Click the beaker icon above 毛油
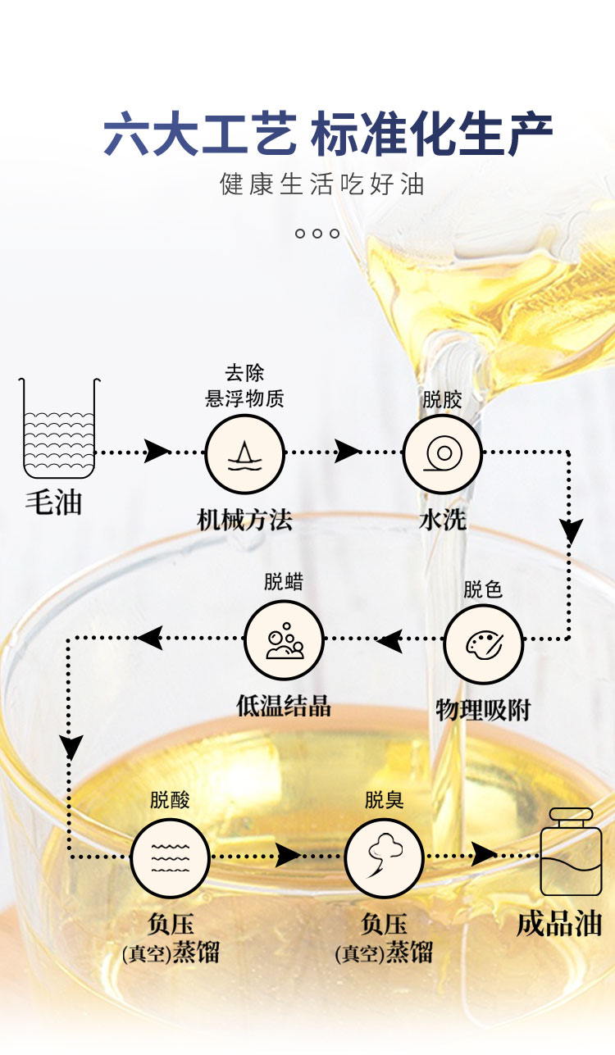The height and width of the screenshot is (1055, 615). click(59, 428)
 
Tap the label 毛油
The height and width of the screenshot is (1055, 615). click(54, 502)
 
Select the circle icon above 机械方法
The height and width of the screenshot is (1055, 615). click(244, 453)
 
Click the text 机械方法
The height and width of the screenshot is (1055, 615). click(244, 520)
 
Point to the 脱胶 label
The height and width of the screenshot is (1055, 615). click(443, 400)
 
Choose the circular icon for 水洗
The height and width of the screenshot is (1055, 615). click(443, 453)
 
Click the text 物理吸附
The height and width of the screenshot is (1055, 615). click(483, 710)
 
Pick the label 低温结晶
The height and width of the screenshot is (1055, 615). click(284, 706)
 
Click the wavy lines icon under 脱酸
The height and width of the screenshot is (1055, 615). click(171, 858)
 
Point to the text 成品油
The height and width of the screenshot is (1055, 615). click(559, 924)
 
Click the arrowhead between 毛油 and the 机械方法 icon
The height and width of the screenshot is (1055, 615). click(157, 451)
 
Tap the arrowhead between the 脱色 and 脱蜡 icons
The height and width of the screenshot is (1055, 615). click(390, 640)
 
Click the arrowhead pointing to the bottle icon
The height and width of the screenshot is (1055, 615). click(485, 854)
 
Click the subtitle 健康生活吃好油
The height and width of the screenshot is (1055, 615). click(322, 183)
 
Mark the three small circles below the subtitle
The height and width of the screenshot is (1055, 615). click(317, 234)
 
